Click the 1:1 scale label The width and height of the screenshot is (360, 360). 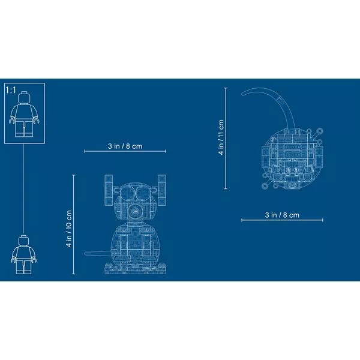(x=11, y=90)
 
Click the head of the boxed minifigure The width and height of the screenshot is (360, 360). (x=25, y=98)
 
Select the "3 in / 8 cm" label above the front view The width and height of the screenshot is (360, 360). (x=125, y=146)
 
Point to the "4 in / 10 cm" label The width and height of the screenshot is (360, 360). (x=69, y=229)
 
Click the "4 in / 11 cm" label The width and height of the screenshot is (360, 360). (x=221, y=137)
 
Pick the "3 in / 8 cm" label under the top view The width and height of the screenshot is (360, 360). (x=282, y=215)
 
